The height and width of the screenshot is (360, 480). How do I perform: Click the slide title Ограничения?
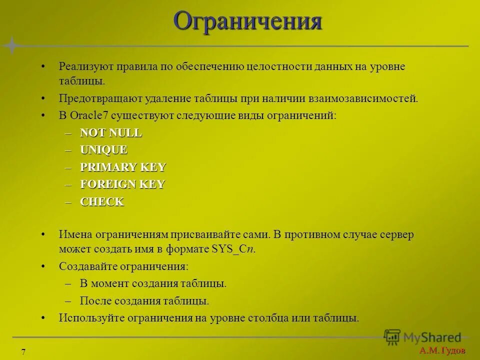coord(247,21)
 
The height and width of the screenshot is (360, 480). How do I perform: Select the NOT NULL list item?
coord(111,133)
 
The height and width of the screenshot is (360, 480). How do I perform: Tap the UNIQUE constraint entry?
coord(104,150)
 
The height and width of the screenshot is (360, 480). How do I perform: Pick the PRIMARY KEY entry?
coord(123,167)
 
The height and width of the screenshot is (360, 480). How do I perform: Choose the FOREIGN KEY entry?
coord(122,184)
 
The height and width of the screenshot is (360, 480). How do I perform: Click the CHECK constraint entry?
coord(102,202)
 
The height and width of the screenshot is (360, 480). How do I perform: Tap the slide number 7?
coord(23,351)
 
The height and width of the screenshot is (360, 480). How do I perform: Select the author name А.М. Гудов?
coord(442,350)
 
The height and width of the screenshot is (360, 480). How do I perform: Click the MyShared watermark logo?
coord(422,337)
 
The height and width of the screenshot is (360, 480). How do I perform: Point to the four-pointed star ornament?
coord(11,45)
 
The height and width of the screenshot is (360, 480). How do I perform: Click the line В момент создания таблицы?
coord(153,283)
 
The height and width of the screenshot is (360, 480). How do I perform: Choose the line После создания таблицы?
coord(144,301)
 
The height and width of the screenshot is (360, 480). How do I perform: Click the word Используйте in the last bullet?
coord(91,318)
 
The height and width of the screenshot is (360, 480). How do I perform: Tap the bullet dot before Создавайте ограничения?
coord(44,266)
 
